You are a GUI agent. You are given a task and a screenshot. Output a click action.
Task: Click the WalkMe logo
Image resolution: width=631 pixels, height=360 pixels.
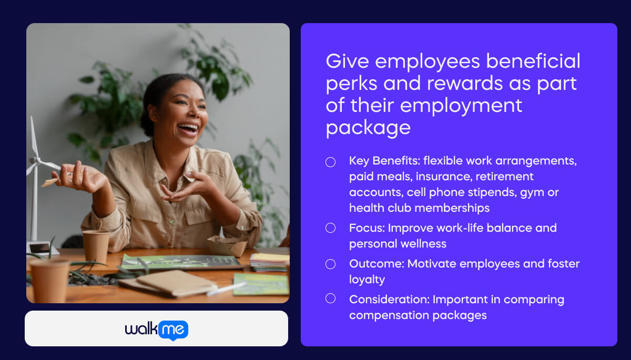pyautogui.click(x=156, y=330)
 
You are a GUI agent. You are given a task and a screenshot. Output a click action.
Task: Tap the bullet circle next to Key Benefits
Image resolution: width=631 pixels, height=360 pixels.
pyautogui.click(x=330, y=162)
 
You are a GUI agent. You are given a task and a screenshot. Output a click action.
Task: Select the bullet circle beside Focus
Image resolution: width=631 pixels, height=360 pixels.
pyautogui.click(x=330, y=228)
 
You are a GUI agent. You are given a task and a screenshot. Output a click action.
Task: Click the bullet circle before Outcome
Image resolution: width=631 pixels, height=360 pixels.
pyautogui.click(x=330, y=264)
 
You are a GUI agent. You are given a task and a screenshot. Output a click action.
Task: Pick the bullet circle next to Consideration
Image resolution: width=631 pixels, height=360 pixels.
pyautogui.click(x=330, y=299)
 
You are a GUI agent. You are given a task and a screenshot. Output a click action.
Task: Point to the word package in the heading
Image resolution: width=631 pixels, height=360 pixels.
pyautogui.click(x=368, y=128)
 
